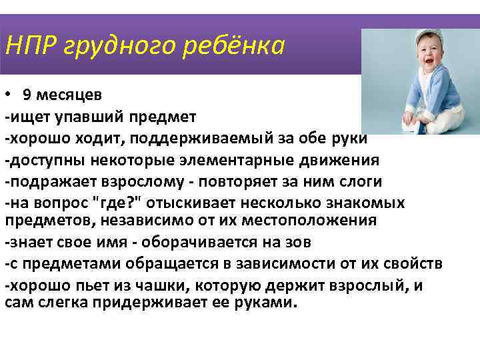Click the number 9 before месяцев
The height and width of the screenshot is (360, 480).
pos(26,93)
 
